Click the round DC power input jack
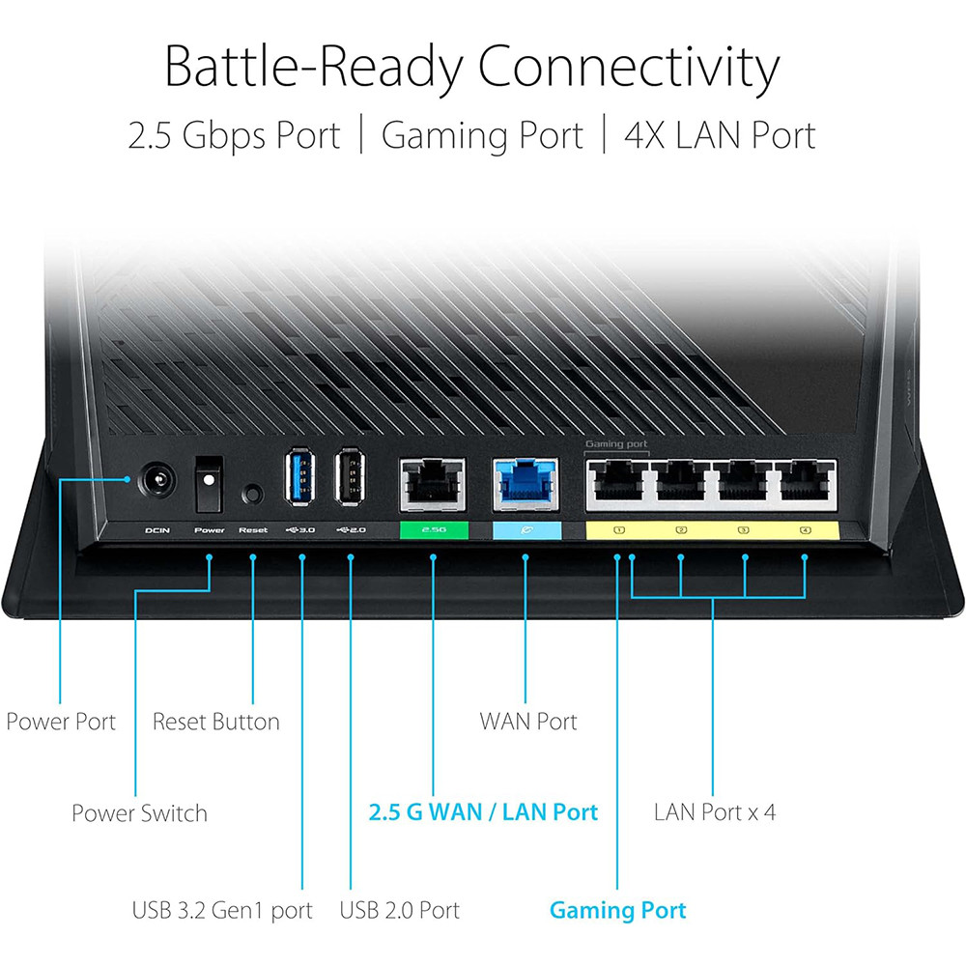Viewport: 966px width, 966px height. pyautogui.click(x=156, y=480)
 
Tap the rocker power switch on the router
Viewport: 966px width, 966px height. pyautogui.click(x=209, y=484)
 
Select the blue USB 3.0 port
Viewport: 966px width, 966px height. pyautogui.click(x=300, y=477)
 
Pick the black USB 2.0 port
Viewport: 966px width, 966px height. pyautogui.click(x=350, y=477)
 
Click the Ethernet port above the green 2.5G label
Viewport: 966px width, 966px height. pyautogui.click(x=433, y=486)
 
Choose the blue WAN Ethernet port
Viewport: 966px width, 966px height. pyautogui.click(x=526, y=486)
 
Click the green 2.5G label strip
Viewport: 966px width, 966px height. pyautogui.click(x=434, y=529)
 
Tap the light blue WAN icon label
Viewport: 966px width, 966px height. pyautogui.click(x=526, y=529)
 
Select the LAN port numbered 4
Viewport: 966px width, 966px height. pyautogui.click(x=805, y=485)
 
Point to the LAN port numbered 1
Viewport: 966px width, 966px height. pyautogui.click(x=617, y=485)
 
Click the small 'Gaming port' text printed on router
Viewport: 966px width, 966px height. pyautogui.click(x=616, y=443)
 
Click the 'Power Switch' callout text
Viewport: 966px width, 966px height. pyautogui.click(x=139, y=813)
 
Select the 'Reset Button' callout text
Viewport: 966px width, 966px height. pyautogui.click(x=215, y=722)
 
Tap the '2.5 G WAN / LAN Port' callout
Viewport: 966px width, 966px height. pyautogui.click(x=483, y=812)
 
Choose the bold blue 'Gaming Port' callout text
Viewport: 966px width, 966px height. pyautogui.click(x=617, y=911)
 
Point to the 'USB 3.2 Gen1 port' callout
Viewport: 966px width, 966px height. pyautogui.click(x=222, y=911)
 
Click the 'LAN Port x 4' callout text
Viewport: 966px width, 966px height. pyautogui.click(x=715, y=812)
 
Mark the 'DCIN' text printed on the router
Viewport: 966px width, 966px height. pyautogui.click(x=157, y=530)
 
